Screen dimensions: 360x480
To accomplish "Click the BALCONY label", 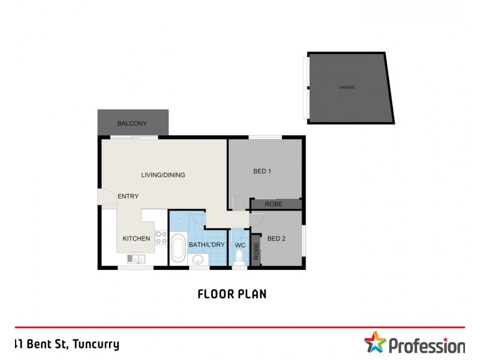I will [x=132, y=124].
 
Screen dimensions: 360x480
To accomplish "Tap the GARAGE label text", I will [x=347, y=88].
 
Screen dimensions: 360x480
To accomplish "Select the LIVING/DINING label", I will [x=163, y=175].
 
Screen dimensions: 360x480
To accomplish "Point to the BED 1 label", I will [x=262, y=172].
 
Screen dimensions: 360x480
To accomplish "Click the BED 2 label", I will [x=276, y=239].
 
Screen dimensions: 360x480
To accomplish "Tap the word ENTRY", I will [x=128, y=196].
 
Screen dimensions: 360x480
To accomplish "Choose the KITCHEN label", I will [x=136, y=239].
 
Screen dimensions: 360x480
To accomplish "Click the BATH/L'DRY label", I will [x=206, y=245].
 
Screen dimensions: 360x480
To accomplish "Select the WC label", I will [x=240, y=245].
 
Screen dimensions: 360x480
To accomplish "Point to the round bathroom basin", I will [x=197, y=259].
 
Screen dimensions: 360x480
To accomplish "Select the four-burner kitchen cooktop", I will [x=161, y=238].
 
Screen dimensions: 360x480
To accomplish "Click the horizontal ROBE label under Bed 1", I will [x=274, y=205].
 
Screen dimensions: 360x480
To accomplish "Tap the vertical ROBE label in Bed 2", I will [x=256, y=251].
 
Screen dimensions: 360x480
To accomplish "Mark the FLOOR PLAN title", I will [x=232, y=294].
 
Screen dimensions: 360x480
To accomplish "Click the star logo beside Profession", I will [x=376, y=343].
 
